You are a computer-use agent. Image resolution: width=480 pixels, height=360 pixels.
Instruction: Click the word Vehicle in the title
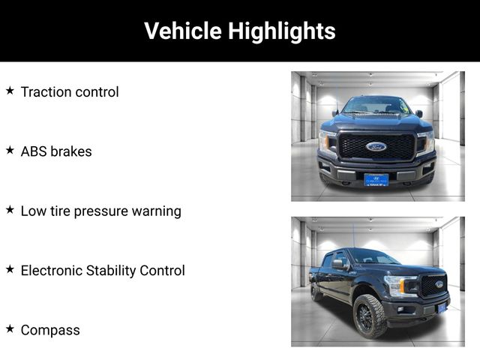tap(183, 31)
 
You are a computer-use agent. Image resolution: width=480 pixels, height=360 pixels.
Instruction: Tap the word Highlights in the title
tap(282, 31)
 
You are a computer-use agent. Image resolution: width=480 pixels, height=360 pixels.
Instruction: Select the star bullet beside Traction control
tap(10, 91)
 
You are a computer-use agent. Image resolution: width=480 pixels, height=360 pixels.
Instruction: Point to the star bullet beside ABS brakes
tap(10, 150)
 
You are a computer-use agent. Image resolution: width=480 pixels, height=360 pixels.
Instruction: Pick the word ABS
tap(33, 151)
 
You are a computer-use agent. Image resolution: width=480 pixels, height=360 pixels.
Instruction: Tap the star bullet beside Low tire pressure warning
tap(10, 210)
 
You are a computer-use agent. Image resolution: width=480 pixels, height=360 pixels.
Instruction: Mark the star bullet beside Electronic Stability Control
tap(10, 269)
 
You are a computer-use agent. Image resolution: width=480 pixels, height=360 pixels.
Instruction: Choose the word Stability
tap(111, 271)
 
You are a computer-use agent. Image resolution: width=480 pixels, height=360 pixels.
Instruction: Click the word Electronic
tap(52, 271)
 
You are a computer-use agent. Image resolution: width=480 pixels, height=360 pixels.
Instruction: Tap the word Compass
tap(50, 330)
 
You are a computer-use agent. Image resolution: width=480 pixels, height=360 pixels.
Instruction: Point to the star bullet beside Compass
tap(10, 328)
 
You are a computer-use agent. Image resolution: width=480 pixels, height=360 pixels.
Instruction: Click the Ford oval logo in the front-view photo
tap(376, 147)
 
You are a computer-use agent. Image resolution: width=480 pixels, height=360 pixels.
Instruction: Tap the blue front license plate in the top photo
tap(376, 180)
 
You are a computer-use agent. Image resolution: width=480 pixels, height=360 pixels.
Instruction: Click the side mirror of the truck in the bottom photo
tap(340, 264)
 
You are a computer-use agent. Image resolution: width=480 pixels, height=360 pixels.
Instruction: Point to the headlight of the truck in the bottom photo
tap(400, 286)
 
